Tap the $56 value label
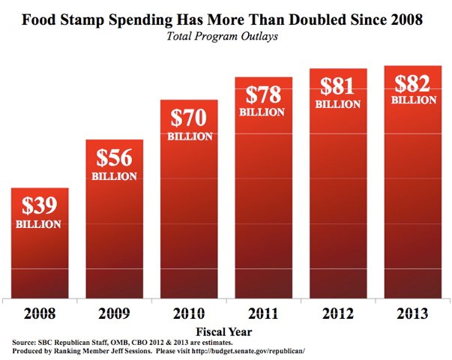114,158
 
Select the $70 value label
189,118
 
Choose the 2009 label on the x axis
113,311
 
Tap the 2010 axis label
189,311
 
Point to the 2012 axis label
338,311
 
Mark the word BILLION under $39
37,223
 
